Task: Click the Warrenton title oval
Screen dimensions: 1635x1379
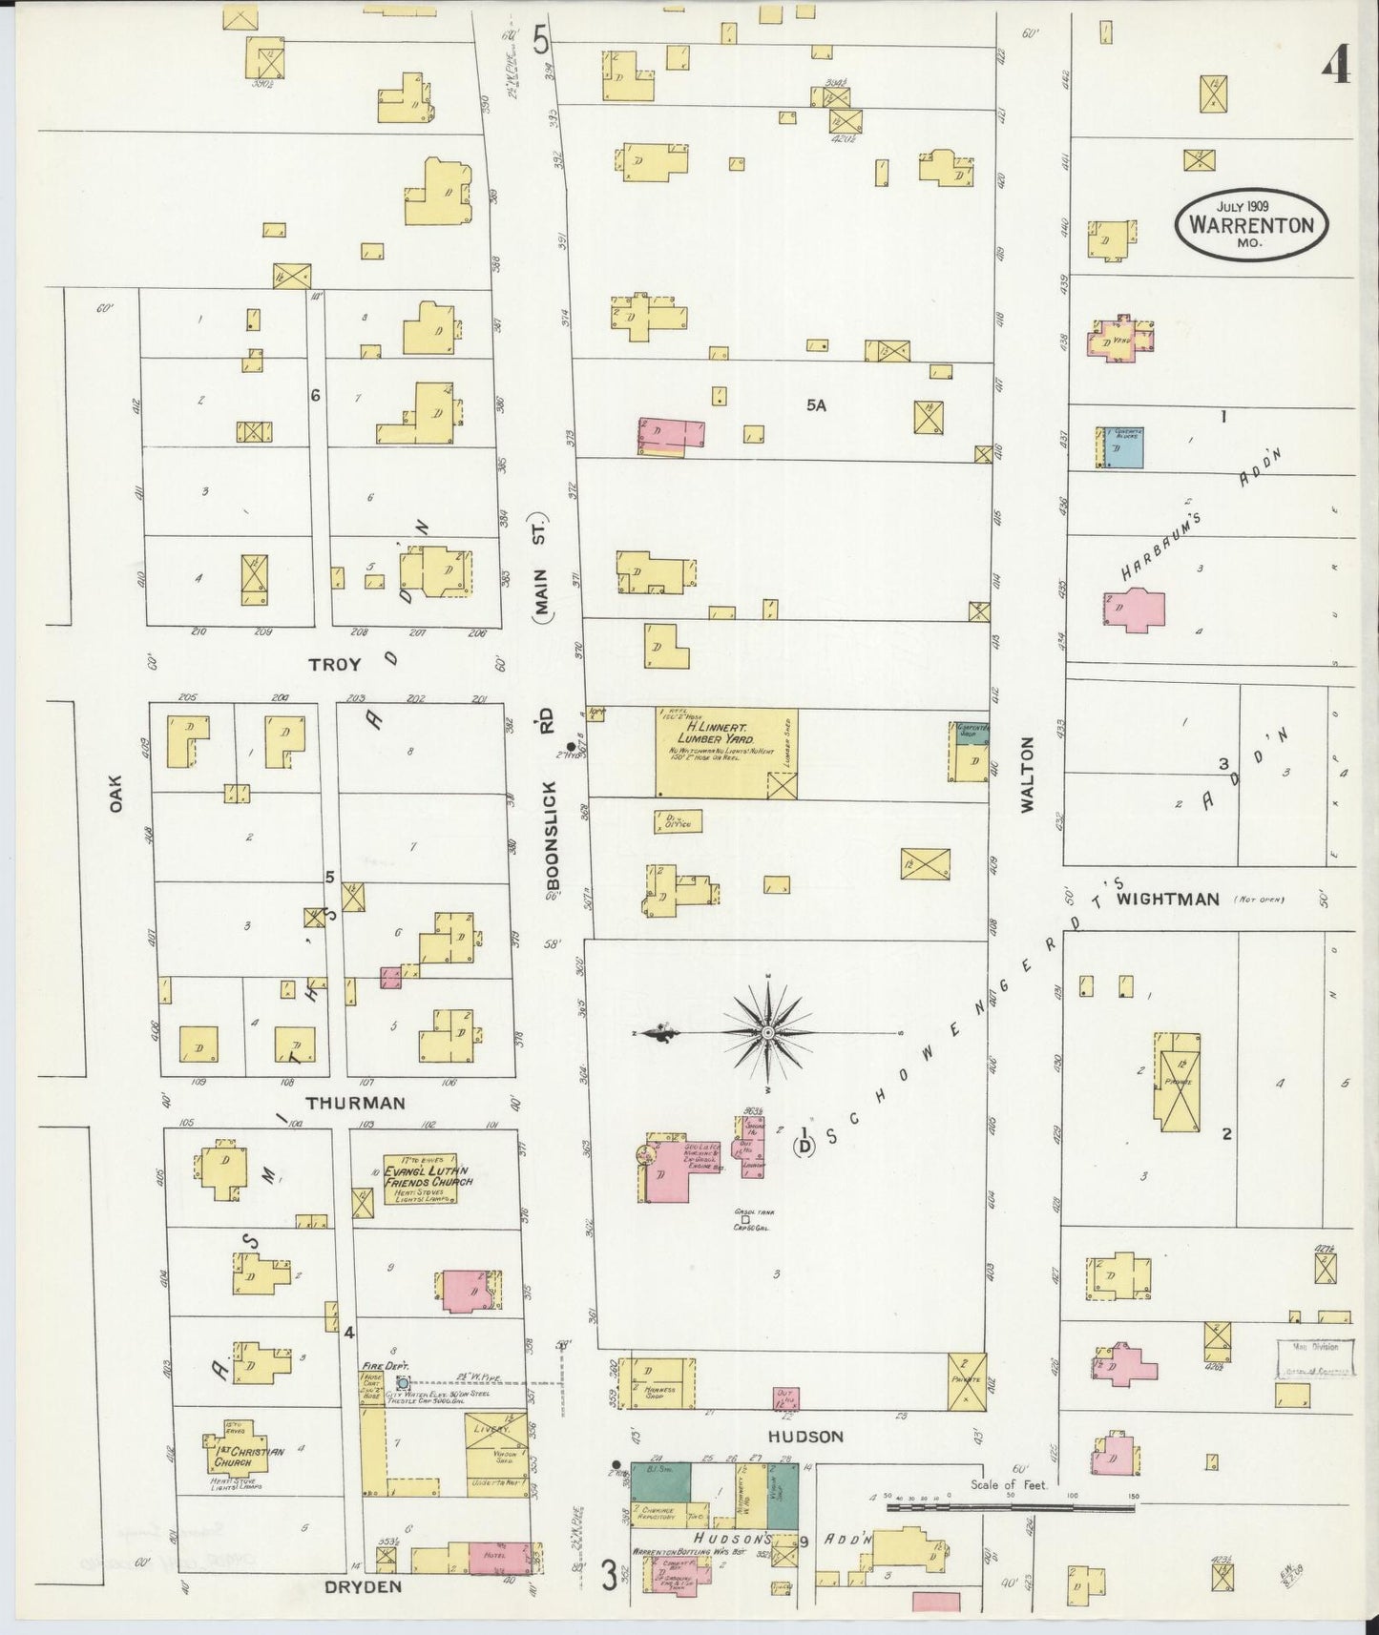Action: pos(1250,226)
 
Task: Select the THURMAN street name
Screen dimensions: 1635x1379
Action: pos(355,1103)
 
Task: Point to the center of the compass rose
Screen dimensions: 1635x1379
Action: pos(767,1033)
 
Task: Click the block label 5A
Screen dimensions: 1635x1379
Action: pos(815,405)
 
